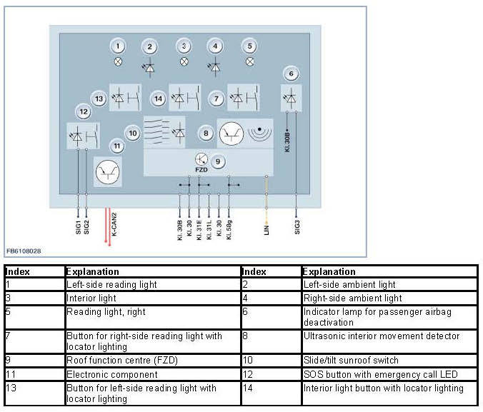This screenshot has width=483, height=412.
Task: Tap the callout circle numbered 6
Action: click(290, 73)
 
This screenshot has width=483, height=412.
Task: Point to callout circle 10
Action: click(132, 133)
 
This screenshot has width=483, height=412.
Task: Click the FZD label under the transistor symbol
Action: click(201, 171)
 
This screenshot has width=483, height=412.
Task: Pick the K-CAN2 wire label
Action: click(114, 226)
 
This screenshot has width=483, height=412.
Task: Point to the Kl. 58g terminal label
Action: click(229, 228)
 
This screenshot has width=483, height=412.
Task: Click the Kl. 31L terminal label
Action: click(209, 228)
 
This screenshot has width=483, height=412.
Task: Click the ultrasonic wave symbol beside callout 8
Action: click(260, 133)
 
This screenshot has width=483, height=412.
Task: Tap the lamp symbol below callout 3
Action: click(184, 61)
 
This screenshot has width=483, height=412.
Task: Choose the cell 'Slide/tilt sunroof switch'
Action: click(350, 360)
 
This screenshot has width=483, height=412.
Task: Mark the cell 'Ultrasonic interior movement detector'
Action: click(381, 336)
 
